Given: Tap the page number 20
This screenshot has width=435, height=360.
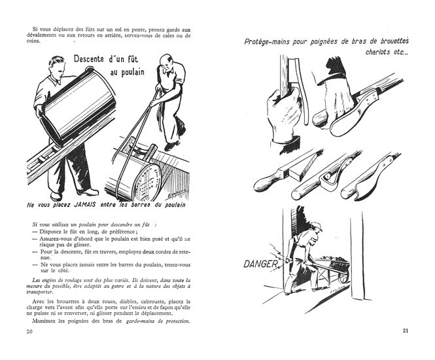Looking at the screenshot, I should tap(29, 331).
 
